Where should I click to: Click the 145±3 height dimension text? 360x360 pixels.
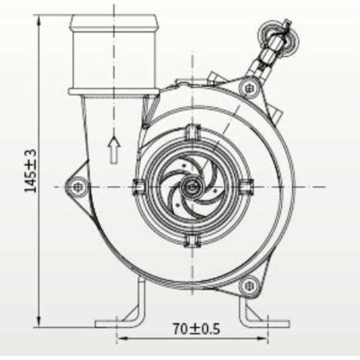tap(31, 170)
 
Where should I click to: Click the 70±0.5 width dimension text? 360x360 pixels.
tap(197, 329)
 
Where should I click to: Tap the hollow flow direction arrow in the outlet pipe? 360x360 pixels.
tap(114, 150)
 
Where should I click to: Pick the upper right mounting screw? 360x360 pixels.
tap(248, 88)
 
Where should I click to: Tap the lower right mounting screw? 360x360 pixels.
tap(248, 286)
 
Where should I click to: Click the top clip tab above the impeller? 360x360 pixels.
tap(193, 132)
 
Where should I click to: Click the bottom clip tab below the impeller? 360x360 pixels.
tap(193, 241)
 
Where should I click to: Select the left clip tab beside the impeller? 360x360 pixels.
tap(139, 187)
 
